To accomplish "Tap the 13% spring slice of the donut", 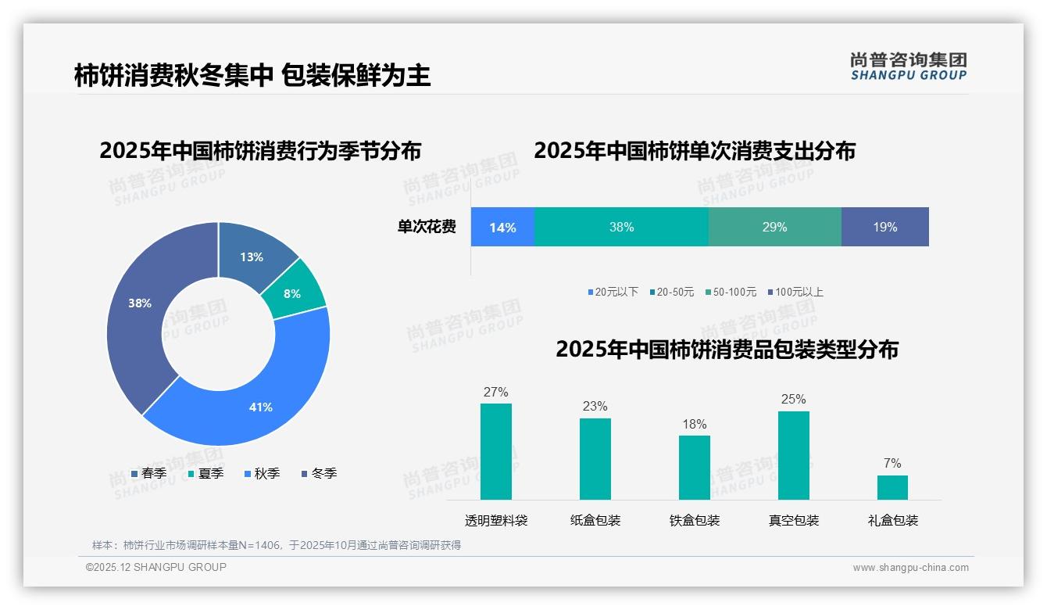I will [x=252, y=254].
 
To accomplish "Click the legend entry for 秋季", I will [x=262, y=474].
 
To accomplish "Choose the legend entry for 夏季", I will [x=205, y=474].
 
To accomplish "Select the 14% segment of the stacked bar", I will [x=502, y=228].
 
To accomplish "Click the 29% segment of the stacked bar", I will [x=774, y=228].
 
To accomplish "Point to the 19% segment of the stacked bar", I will [x=884, y=228].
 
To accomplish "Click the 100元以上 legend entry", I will [x=795, y=292].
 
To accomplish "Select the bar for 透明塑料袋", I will [x=496, y=451].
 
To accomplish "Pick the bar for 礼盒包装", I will [x=892, y=487].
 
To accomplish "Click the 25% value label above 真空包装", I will [x=793, y=400].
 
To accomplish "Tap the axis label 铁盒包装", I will [x=695, y=521].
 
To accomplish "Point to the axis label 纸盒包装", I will [x=595, y=521].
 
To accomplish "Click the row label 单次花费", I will [x=427, y=228].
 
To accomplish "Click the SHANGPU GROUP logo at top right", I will [x=908, y=66].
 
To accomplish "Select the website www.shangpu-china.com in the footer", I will [x=910, y=568].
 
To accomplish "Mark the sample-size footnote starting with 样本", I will [x=277, y=545].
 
